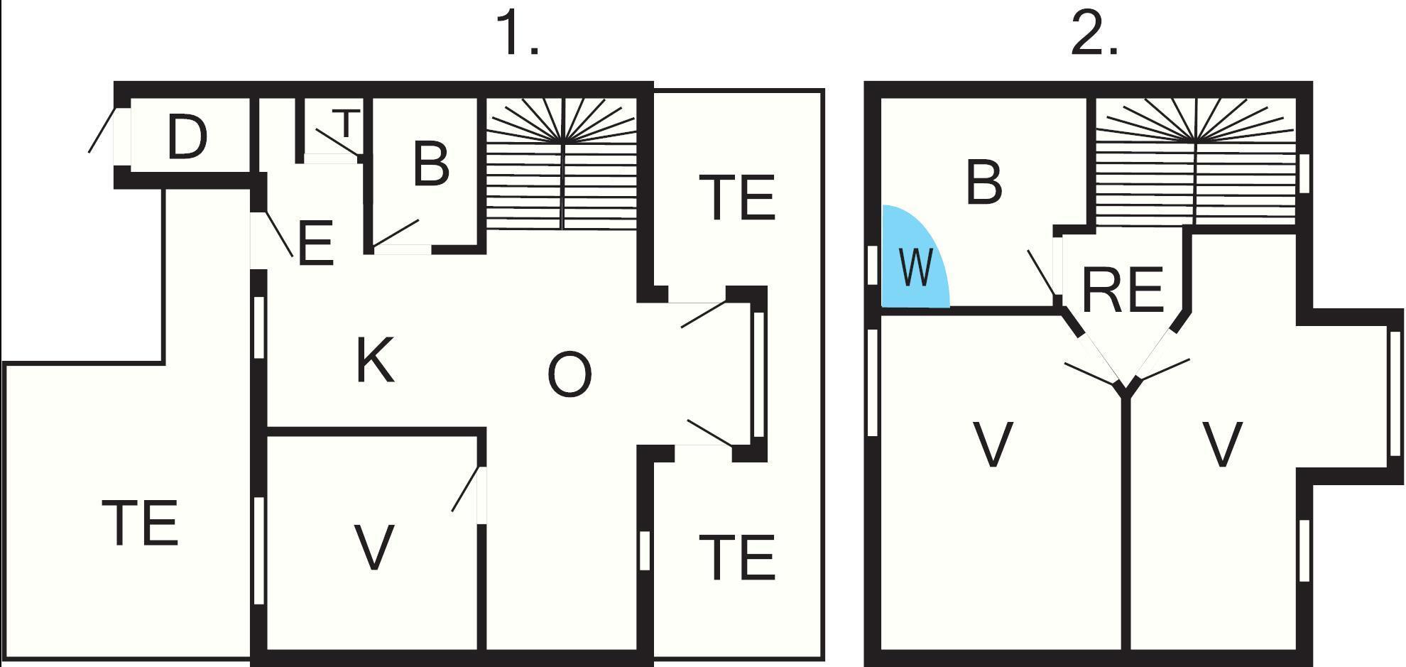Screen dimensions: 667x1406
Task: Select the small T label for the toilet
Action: (346, 123)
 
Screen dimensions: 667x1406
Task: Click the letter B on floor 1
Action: (430, 164)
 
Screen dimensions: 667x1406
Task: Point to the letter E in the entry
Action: (315, 244)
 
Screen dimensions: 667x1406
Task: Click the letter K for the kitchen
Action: (374, 361)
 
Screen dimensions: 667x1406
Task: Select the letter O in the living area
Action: (570, 374)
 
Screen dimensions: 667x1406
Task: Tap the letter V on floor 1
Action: (374, 547)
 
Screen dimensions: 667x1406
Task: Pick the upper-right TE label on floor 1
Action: (736, 197)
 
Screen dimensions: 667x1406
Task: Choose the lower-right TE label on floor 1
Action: (736, 558)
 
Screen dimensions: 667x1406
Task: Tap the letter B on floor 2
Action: (983, 183)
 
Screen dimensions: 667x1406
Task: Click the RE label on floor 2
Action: (1122, 290)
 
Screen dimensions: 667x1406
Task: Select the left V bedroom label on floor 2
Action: (992, 444)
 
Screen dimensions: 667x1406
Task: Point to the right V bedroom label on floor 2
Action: (1221, 444)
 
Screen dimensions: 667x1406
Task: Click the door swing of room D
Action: (101, 130)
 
